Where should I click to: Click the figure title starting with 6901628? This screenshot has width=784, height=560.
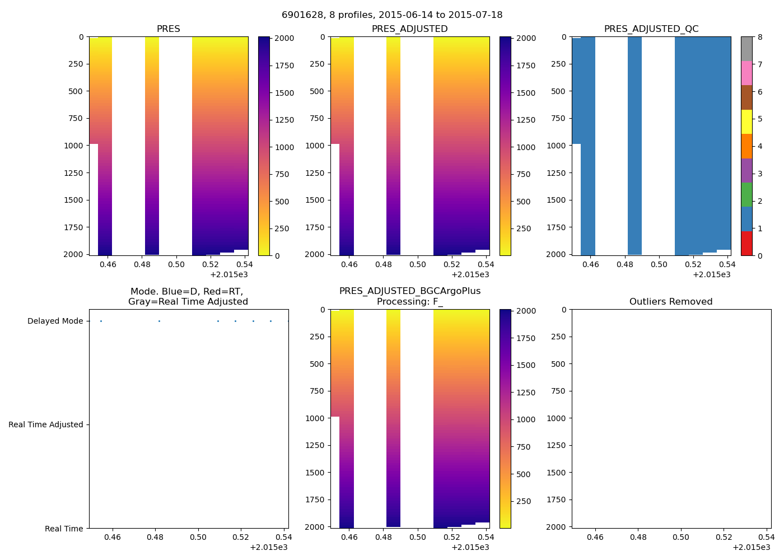tap(392, 15)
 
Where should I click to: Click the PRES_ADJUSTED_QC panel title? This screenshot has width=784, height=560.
tap(651, 29)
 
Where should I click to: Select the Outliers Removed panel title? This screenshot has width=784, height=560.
tap(671, 302)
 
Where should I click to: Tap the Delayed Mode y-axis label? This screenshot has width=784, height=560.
tap(55, 321)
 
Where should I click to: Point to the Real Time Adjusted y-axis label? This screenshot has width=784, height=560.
tap(46, 425)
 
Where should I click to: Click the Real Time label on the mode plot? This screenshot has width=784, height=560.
tap(64, 529)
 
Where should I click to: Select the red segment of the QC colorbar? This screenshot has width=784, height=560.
tap(746, 244)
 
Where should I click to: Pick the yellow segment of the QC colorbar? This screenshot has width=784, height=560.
tap(746, 122)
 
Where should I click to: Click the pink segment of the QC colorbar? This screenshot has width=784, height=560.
tap(746, 73)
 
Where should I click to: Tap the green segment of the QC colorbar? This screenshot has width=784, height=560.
tap(746, 195)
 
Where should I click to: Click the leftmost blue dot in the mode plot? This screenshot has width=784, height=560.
tap(101, 321)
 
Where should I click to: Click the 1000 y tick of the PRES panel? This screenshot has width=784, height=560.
tap(74, 146)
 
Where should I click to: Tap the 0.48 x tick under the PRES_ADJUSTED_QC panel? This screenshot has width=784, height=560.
tap(625, 264)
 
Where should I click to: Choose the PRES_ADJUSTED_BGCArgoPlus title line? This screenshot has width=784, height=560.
tap(410, 291)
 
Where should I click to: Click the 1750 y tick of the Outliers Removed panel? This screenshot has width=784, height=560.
tap(556, 500)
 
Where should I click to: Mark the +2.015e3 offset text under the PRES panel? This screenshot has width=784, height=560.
tap(229, 274)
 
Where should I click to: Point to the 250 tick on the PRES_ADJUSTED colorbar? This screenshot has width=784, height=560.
tap(524, 229)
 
